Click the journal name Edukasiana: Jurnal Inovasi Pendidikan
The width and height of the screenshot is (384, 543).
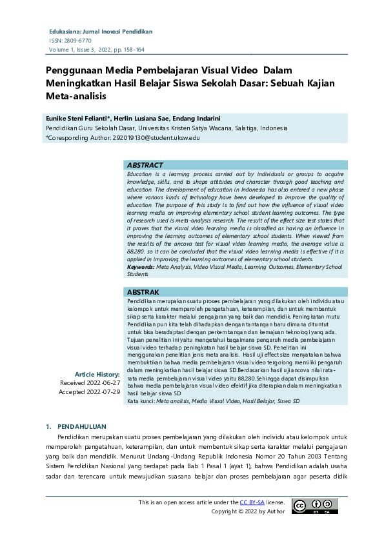pyautogui.click(x=101, y=31)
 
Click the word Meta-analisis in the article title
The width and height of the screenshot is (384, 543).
pyautogui.click(x=75, y=96)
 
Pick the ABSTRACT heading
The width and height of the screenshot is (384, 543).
pyautogui.click(x=145, y=165)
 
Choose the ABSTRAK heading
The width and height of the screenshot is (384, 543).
pyautogui.click(x=143, y=292)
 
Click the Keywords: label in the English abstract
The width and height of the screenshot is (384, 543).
pyautogui.click(x=141, y=266)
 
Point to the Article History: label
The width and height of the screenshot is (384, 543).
pyautogui.click(x=97, y=374)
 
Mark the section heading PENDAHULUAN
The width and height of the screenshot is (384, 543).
pyautogui.click(x=83, y=427)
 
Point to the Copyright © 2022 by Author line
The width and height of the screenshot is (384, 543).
pyautogui.click(x=248, y=511)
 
